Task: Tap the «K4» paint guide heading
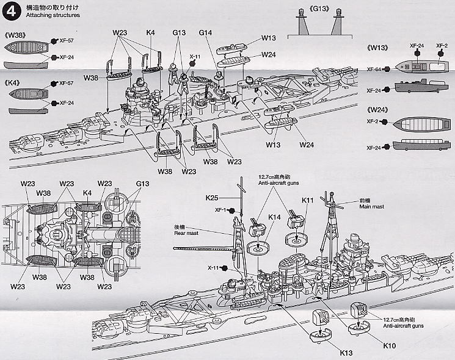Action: [x=15, y=82]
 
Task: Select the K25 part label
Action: [x=213, y=198]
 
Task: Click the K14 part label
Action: [x=274, y=217]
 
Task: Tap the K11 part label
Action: [x=308, y=200]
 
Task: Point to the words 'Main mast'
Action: [x=372, y=207]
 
